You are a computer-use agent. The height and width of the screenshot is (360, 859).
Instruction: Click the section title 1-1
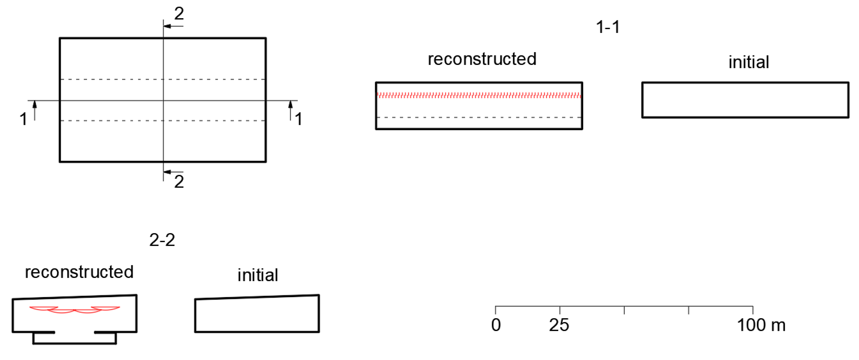[608, 27]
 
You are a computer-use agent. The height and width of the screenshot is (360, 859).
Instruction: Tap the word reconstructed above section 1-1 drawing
[482, 59]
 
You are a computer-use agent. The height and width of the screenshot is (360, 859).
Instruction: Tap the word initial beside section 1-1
[749, 62]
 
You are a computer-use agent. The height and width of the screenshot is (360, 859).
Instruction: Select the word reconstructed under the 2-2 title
[79, 272]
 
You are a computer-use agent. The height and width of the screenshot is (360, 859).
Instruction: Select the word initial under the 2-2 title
[258, 275]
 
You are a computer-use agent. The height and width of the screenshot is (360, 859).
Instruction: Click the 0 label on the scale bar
[496, 325]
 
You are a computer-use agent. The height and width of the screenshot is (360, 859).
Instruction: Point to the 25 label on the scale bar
[559, 325]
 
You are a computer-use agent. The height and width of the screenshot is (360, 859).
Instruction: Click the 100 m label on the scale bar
[761, 325]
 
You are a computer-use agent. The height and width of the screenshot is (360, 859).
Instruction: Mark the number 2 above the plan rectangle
[179, 14]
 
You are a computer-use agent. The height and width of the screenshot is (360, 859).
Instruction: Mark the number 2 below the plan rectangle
[179, 182]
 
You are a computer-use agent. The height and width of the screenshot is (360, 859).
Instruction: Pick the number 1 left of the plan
[23, 119]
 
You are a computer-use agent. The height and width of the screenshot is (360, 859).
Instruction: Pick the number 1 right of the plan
[299, 119]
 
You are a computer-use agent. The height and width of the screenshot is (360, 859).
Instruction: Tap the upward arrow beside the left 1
[35, 104]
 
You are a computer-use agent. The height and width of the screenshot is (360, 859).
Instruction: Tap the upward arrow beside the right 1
[290, 104]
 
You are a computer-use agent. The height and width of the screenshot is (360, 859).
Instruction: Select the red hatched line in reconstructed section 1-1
[479, 96]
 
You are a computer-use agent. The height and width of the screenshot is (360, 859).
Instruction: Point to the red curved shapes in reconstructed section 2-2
[74, 310]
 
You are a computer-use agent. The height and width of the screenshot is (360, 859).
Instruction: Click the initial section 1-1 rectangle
[745, 100]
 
